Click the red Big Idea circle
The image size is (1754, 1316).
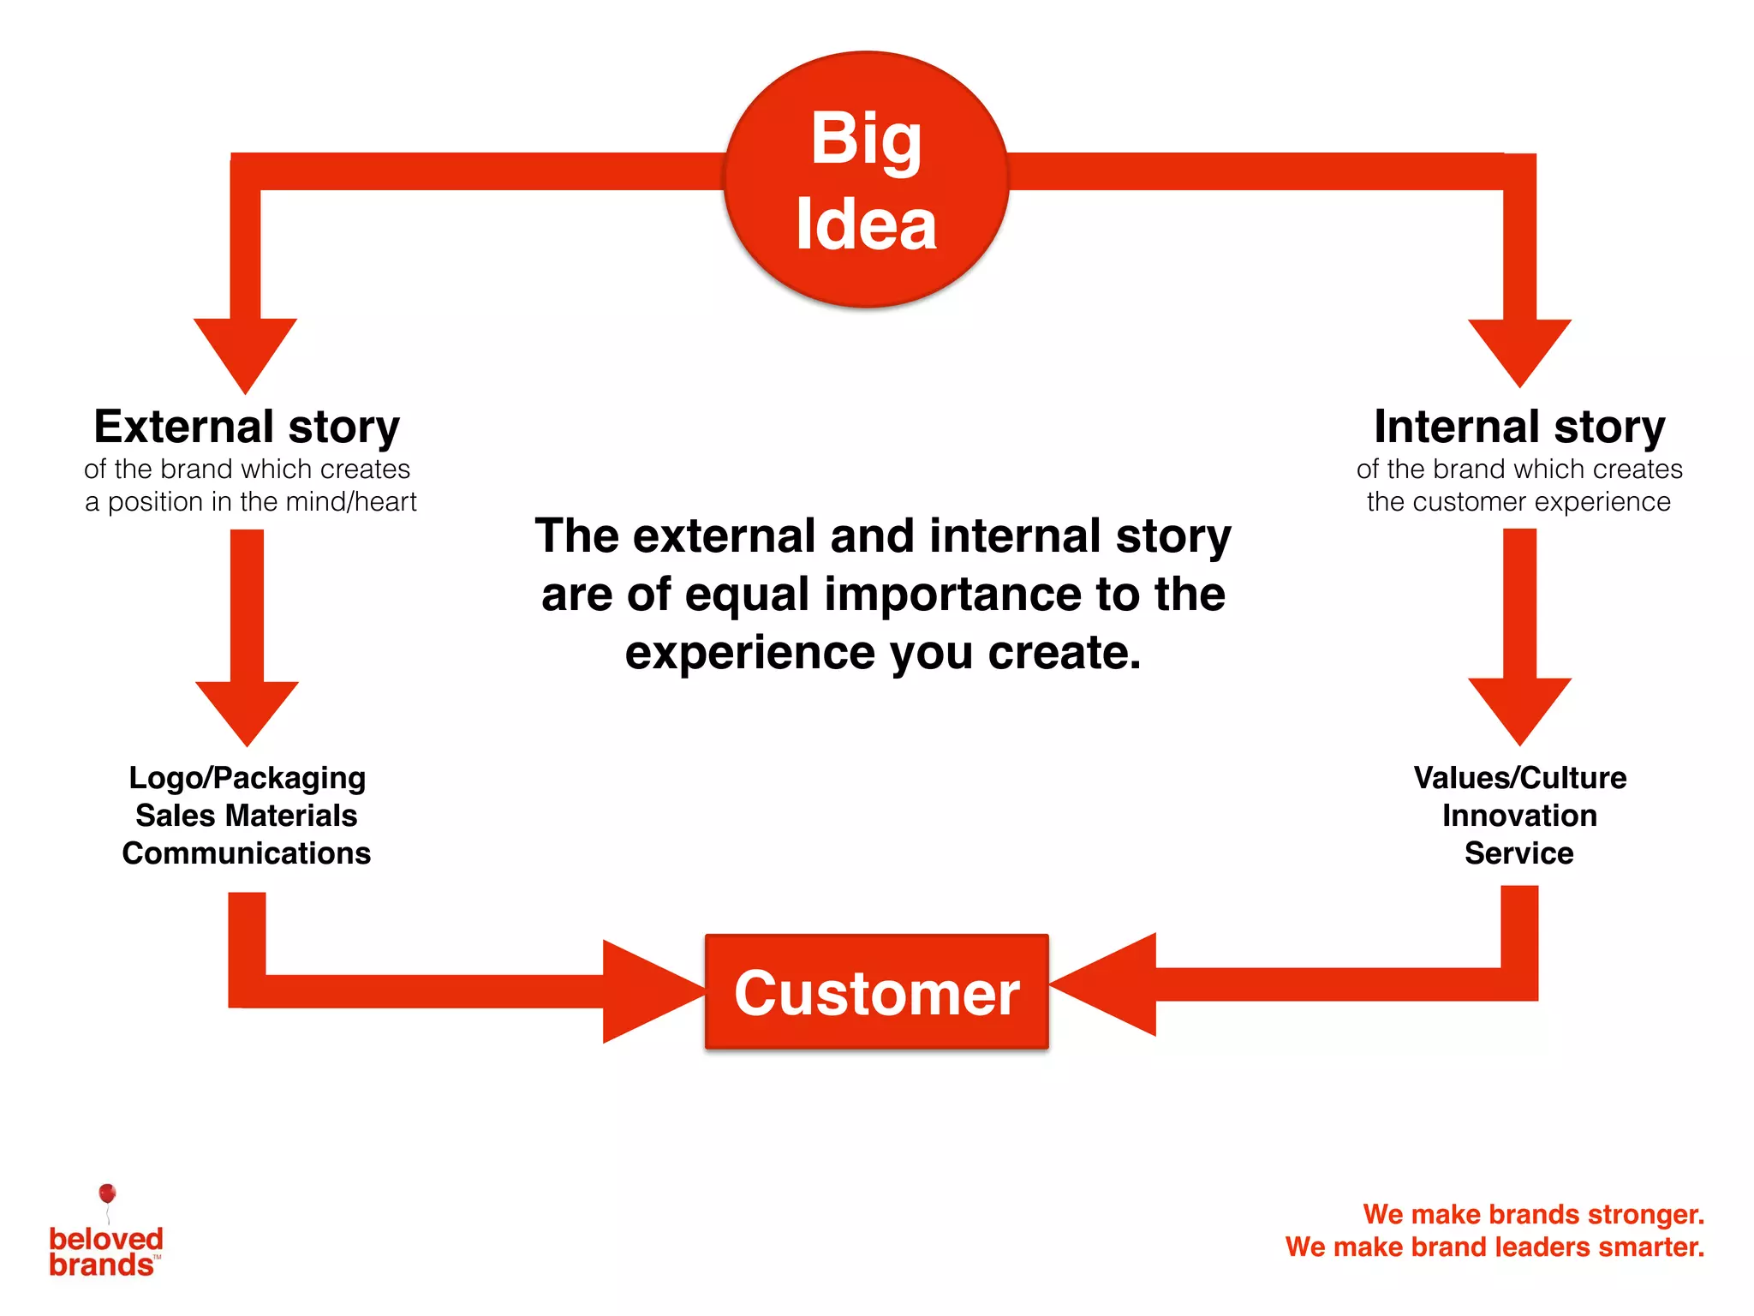pyautogui.click(x=866, y=180)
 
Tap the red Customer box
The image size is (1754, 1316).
pyautogui.click(x=876, y=992)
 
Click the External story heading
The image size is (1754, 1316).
pyautogui.click(x=247, y=427)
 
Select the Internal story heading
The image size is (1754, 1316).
pyautogui.click(x=1518, y=427)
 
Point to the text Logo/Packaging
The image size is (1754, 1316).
pyautogui.click(x=247, y=777)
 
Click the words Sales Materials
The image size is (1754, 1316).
pyautogui.click(x=247, y=815)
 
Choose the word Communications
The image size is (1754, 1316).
pyautogui.click(x=247, y=853)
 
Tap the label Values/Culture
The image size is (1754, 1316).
pyautogui.click(x=1519, y=777)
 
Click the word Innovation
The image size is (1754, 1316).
pyautogui.click(x=1519, y=815)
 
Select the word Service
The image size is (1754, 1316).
pyautogui.click(x=1518, y=853)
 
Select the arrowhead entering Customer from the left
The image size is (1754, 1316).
pyautogui.click(x=647, y=991)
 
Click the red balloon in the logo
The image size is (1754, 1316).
pyautogui.click(x=107, y=1193)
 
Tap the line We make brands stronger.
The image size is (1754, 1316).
pyautogui.click(x=1533, y=1214)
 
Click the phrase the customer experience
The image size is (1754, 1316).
pyautogui.click(x=1518, y=501)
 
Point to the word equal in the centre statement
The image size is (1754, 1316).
pyautogui.click(x=747, y=594)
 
